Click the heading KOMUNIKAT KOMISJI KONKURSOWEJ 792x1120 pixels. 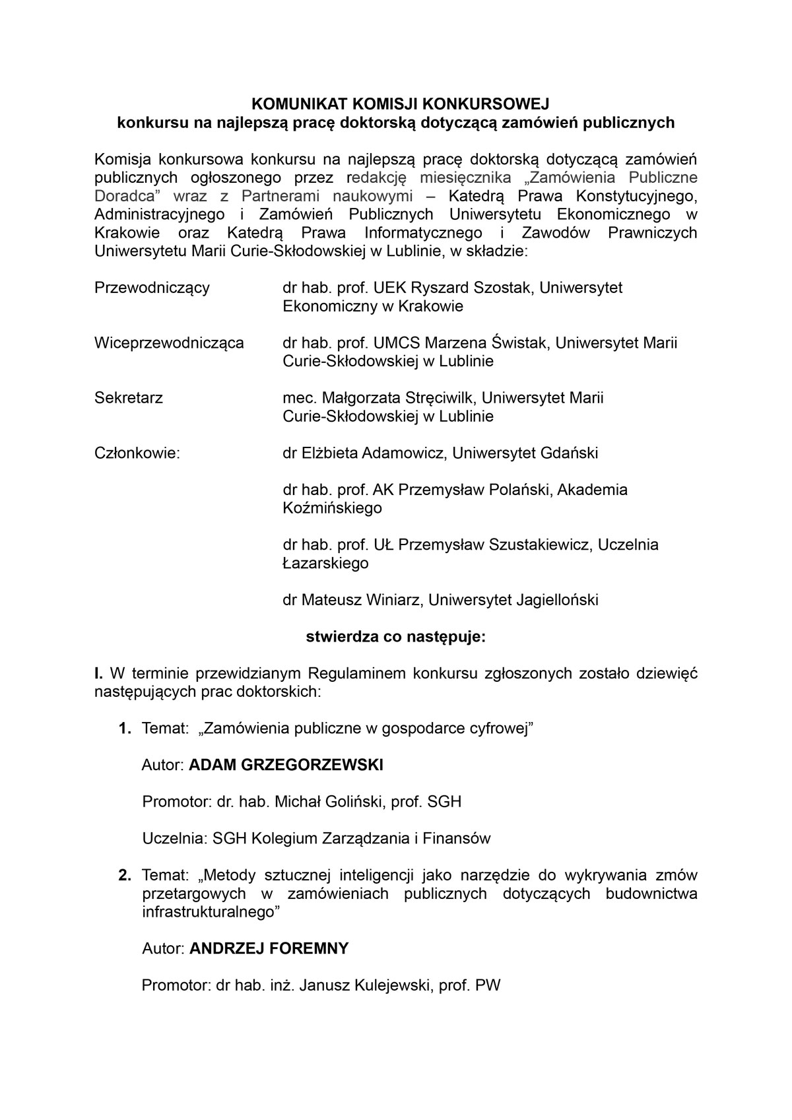[x=396, y=104]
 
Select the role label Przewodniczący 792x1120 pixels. [x=152, y=288]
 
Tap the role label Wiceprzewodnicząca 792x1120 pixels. [x=169, y=343]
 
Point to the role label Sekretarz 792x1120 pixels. [x=129, y=398]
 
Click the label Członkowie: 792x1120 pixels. [x=137, y=453]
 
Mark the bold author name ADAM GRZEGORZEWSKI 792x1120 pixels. [x=286, y=765]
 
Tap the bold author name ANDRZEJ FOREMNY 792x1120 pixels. [x=269, y=949]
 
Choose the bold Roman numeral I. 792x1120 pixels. [x=98, y=674]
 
